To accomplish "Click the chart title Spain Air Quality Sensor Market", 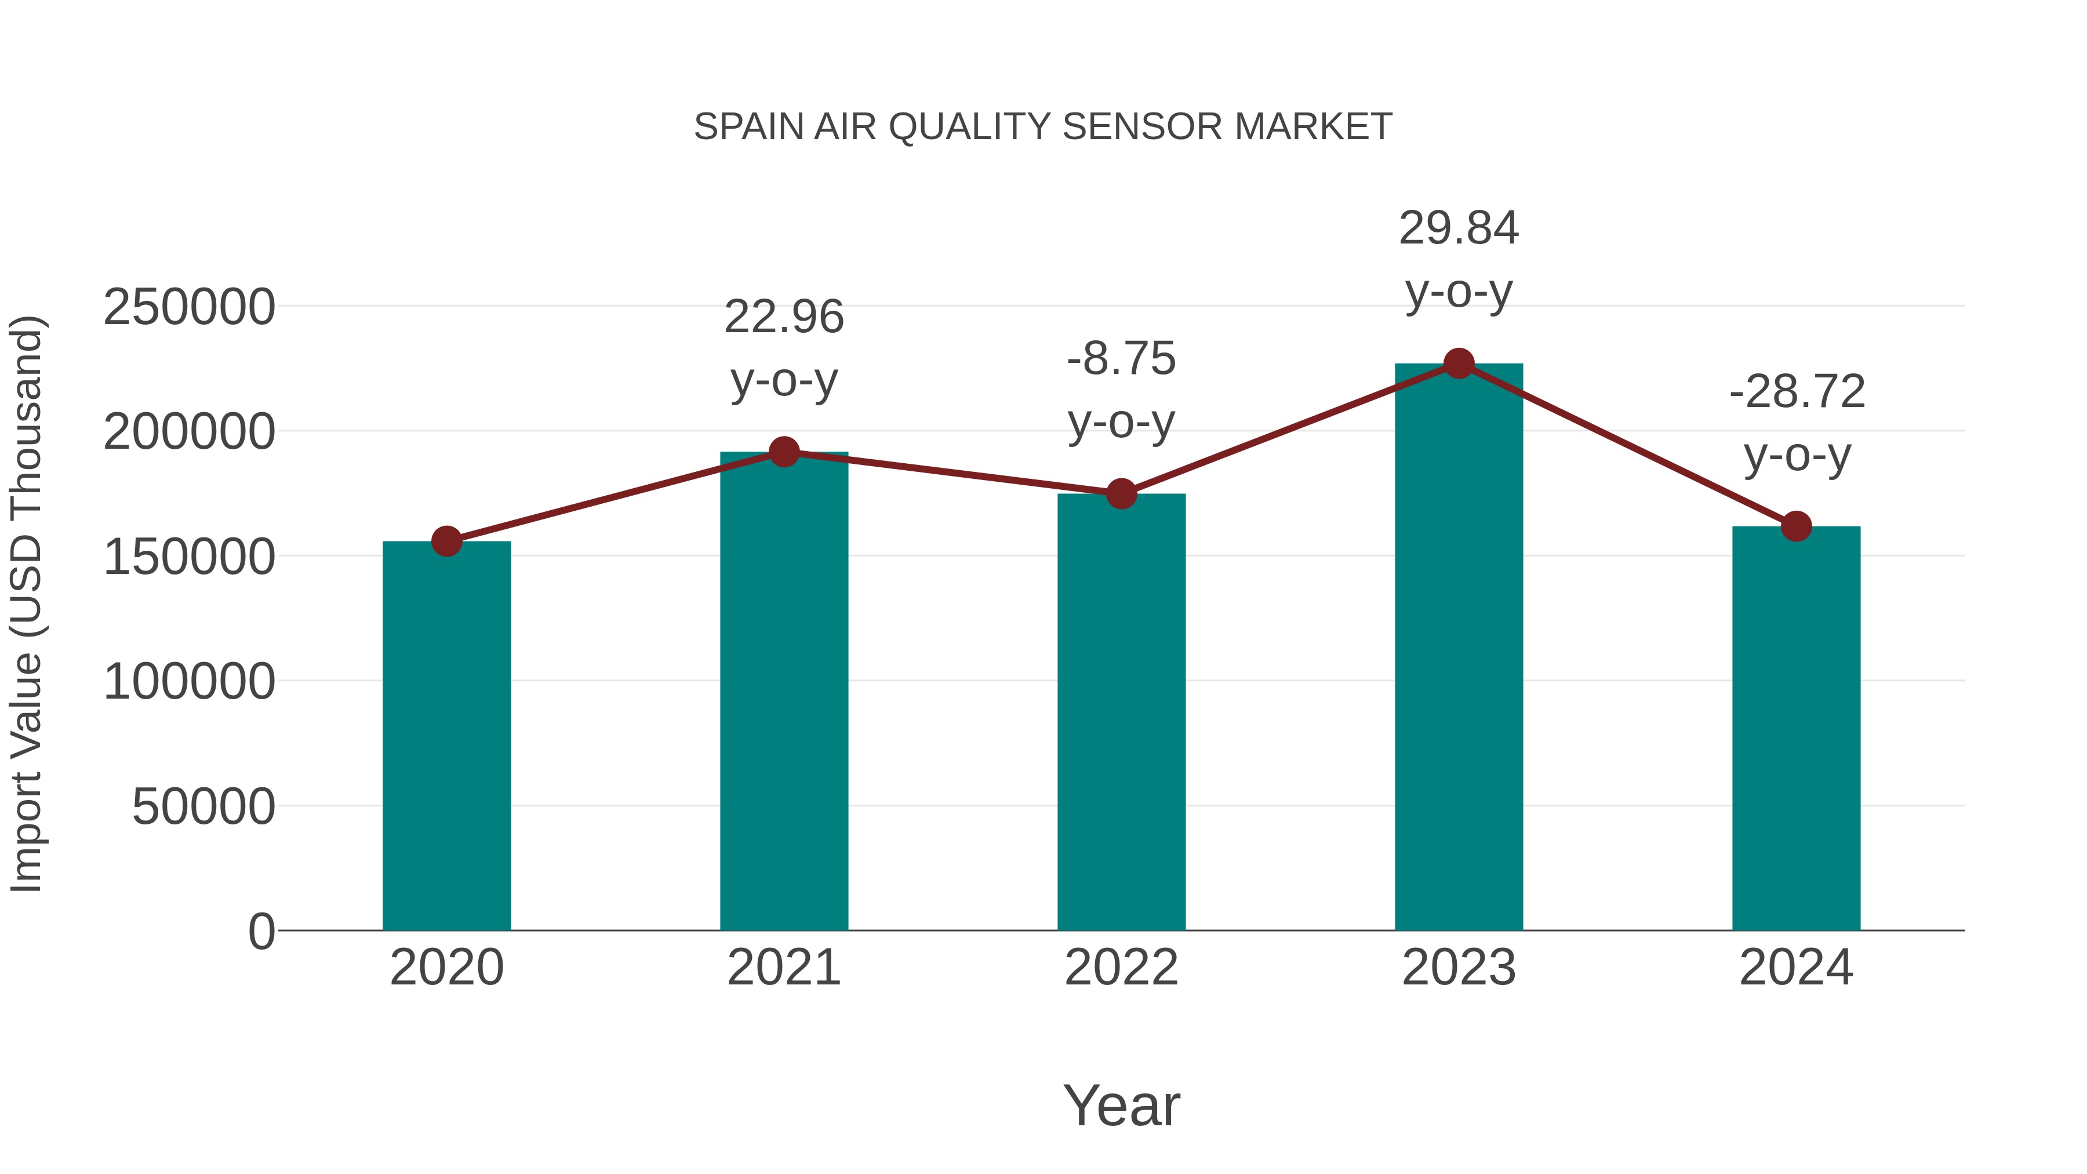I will [1043, 127].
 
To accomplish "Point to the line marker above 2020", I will [446, 541].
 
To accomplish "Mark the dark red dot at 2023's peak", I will [1459, 364].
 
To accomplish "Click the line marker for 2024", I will [1796, 526].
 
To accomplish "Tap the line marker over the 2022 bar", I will [1121, 493].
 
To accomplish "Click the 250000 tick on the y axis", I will [189, 308].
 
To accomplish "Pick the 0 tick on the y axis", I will [261, 932].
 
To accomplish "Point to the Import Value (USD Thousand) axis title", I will [26, 604].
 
